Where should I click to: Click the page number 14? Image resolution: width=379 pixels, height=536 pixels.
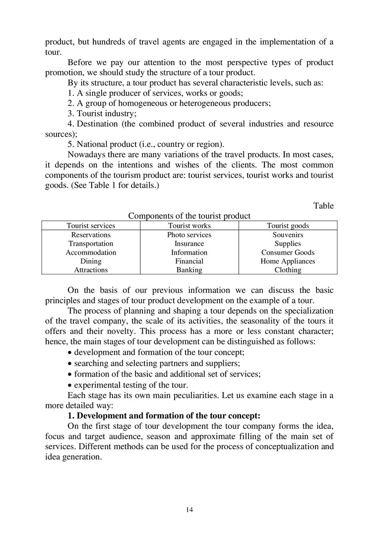click(189, 510)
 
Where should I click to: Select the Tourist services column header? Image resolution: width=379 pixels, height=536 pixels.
click(91, 226)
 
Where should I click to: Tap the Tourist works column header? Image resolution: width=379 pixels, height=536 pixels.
click(189, 226)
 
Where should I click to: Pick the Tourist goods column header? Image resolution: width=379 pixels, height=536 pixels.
click(288, 226)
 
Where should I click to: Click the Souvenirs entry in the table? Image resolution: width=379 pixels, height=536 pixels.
click(288, 235)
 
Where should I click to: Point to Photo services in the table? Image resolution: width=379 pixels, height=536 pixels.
click(189, 235)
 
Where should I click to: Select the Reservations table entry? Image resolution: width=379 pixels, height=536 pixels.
click(91, 235)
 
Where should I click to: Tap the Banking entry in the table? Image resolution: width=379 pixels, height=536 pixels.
click(189, 270)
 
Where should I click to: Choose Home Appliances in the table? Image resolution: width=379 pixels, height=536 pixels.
click(288, 261)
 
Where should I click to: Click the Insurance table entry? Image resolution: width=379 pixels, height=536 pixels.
click(189, 244)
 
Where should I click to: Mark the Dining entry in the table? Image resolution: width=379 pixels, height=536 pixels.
click(91, 261)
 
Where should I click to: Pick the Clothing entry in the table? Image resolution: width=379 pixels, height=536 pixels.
click(288, 270)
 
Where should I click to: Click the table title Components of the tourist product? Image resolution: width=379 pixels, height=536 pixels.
click(189, 216)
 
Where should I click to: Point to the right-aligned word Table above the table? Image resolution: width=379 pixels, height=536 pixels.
click(323, 206)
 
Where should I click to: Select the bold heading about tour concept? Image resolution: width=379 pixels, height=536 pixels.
click(164, 416)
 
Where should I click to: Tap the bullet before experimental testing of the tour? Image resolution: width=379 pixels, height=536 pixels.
click(69, 385)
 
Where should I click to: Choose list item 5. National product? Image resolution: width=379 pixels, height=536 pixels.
click(146, 144)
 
